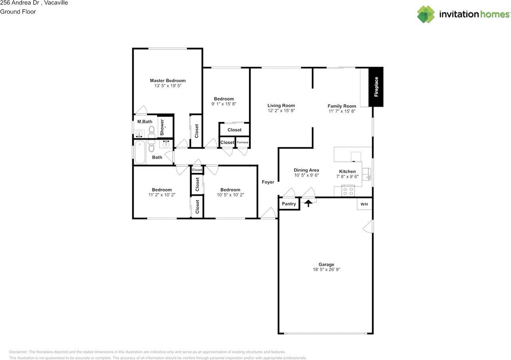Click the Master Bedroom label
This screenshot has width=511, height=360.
(168, 81)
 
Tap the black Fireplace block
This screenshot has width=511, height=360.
(376, 87)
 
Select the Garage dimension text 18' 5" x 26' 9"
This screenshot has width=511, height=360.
(326, 270)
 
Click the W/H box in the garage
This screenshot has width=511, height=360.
(364, 204)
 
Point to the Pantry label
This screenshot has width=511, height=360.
(289, 204)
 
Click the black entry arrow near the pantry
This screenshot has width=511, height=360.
(308, 203)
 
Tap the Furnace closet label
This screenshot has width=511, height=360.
(242, 142)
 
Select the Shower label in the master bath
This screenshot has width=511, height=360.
(162, 127)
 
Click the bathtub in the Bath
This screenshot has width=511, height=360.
(140, 152)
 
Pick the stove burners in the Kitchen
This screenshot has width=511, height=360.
(349, 191)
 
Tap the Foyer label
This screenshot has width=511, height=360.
(268, 182)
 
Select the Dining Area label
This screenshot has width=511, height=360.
(306, 170)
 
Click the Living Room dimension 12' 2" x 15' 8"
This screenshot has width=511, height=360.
(281, 111)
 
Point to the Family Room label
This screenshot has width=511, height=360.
(341, 106)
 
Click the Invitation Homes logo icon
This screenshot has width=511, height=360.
(426, 14)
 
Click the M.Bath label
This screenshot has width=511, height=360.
(145, 122)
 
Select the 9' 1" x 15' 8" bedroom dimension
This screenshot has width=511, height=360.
(224, 104)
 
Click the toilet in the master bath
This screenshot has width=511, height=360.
(152, 130)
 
